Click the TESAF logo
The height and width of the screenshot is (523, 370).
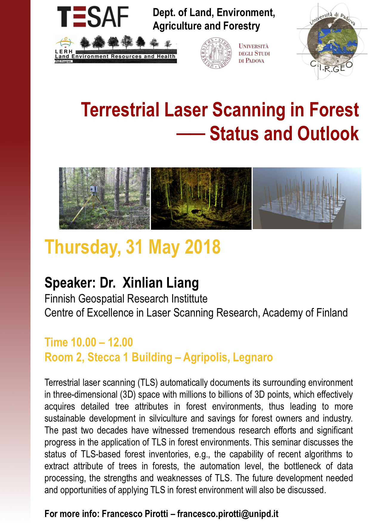[93, 17]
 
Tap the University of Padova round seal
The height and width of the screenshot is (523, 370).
[216, 53]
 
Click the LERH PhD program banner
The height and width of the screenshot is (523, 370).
[116, 49]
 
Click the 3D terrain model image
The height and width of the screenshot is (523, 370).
[307, 198]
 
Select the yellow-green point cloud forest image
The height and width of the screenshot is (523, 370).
[201, 198]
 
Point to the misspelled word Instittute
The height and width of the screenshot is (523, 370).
[189, 299]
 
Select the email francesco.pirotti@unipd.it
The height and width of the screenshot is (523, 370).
[228, 514]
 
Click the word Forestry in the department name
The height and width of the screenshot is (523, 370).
[242, 26]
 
